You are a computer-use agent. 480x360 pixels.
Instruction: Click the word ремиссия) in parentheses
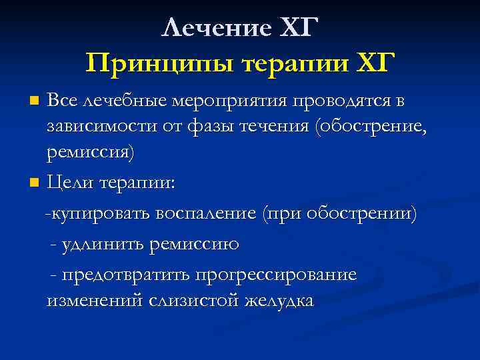point(90,153)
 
